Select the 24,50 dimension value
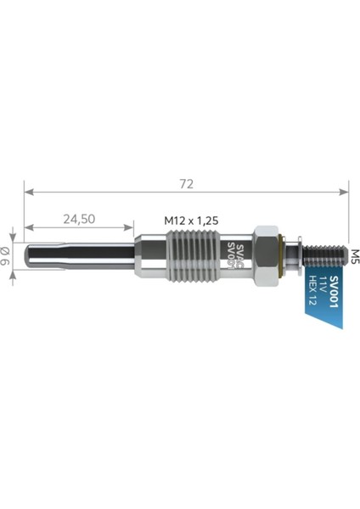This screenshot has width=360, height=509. (x=78, y=219)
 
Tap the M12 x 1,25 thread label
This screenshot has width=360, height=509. (x=192, y=220)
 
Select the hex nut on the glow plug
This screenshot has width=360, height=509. (x=265, y=255)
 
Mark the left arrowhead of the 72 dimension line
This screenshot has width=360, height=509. (x=27, y=191)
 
